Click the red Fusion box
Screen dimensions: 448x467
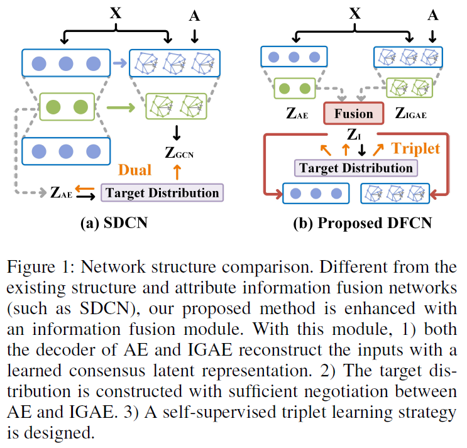(353, 114)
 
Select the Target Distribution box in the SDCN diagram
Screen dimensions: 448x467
(163, 192)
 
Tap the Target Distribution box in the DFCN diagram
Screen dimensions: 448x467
(356, 168)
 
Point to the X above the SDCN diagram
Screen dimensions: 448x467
(116, 13)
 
